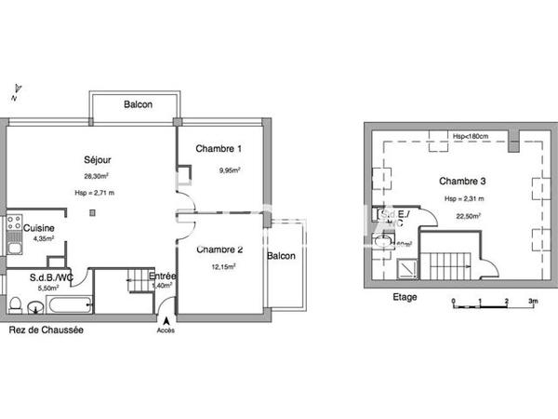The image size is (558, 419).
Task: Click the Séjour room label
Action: [x=93, y=157]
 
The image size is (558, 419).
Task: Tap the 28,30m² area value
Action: [x=93, y=175]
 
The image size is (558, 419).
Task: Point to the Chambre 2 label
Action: [x=220, y=249]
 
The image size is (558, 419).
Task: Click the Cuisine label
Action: [x=38, y=228]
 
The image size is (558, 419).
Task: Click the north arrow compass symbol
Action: [x=15, y=89]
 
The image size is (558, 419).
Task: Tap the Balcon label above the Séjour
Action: [x=139, y=104]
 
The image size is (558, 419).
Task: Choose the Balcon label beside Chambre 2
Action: [x=282, y=256]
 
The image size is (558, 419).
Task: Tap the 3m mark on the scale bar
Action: [x=533, y=302]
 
